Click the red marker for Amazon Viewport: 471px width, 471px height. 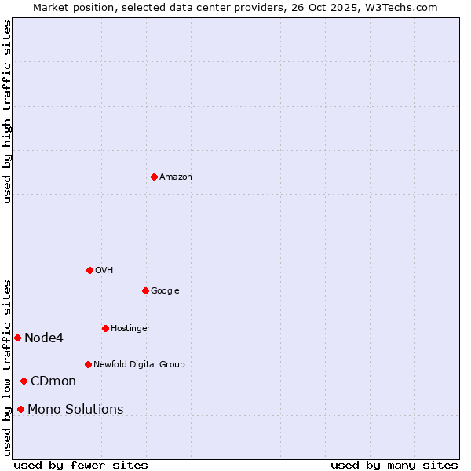[x=154, y=177]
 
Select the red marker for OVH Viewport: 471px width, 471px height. [x=89, y=270]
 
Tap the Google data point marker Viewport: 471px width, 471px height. [x=145, y=290]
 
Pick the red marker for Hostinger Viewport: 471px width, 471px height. [x=105, y=328]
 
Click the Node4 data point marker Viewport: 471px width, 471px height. [x=17, y=338]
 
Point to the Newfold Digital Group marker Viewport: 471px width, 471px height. [x=88, y=364]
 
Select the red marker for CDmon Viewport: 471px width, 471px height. [x=24, y=381]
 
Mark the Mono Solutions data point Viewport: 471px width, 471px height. [x=20, y=409]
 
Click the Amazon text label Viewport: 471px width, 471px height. [x=176, y=177]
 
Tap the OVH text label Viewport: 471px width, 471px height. [x=104, y=271]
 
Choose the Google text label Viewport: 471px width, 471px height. [x=165, y=291]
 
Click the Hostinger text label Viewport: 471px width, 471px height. [x=130, y=328]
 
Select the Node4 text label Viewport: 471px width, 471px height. [x=44, y=338]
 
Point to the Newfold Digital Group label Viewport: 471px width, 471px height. [x=139, y=364]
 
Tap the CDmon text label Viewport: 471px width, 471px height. [x=53, y=382]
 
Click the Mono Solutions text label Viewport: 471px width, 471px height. [x=75, y=410]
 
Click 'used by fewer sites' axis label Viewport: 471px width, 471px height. [x=81, y=465]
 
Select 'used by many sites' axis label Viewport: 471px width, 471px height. [x=394, y=465]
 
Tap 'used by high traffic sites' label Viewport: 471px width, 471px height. [x=8, y=111]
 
